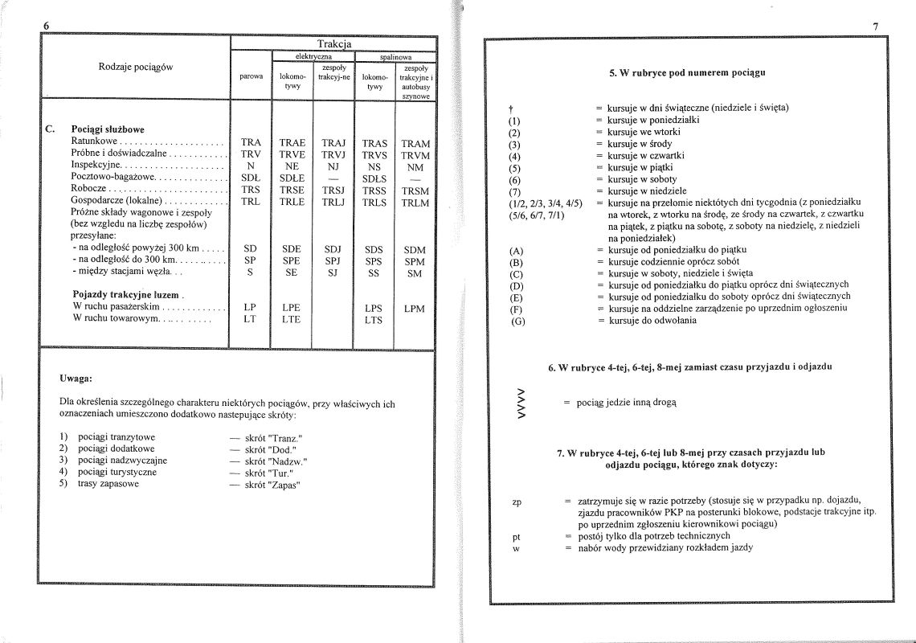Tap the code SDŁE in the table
(x=291, y=179)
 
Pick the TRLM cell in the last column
(x=415, y=203)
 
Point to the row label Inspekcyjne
(x=96, y=166)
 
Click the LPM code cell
(x=415, y=309)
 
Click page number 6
(x=47, y=26)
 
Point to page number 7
(x=874, y=27)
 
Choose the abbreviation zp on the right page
(x=517, y=503)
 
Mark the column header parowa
(x=251, y=77)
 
